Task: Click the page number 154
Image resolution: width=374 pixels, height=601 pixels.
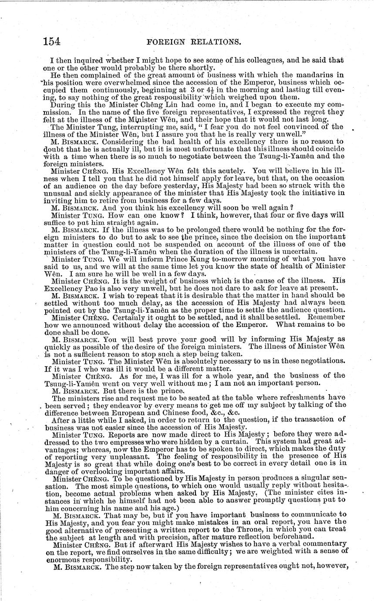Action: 51,41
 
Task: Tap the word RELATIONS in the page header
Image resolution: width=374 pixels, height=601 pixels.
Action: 216,42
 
